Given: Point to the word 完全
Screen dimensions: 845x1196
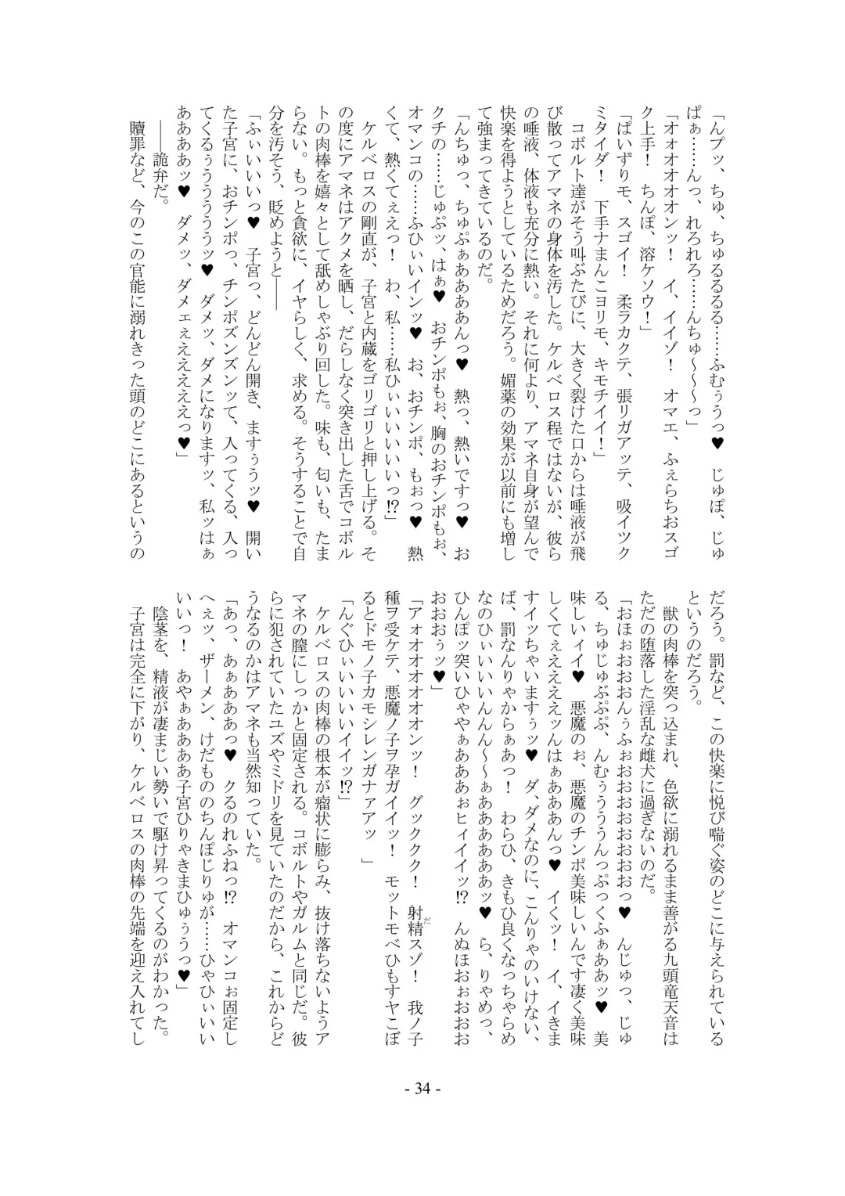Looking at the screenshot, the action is point(138,680).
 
